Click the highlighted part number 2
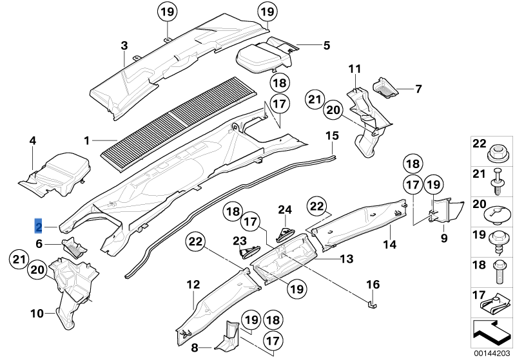tap(39, 226)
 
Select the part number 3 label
tap(124, 45)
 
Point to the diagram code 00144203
tap(493, 353)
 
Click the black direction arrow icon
tap(492, 331)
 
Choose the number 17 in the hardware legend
tap(480, 296)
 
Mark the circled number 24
tap(285, 209)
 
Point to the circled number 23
tap(240, 242)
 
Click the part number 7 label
tap(418, 88)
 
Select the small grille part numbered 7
tap(387, 87)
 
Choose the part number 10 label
tap(37, 314)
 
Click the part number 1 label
tap(88, 139)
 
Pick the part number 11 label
tap(355, 69)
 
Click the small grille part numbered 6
tap(73, 246)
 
